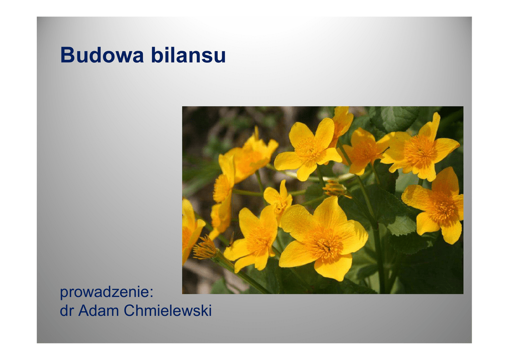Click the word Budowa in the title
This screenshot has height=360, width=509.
coord(102,55)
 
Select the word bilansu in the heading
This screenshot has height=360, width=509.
coord(188,55)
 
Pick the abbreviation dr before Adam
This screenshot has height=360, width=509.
coord(67,311)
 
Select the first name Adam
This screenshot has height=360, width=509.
coord(99,311)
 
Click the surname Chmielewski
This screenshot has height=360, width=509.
coord(168,311)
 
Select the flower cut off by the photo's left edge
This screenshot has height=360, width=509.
coord(191,229)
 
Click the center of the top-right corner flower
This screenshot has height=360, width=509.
coord(420,151)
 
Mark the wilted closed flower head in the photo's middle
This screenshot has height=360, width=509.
coord(336,188)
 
